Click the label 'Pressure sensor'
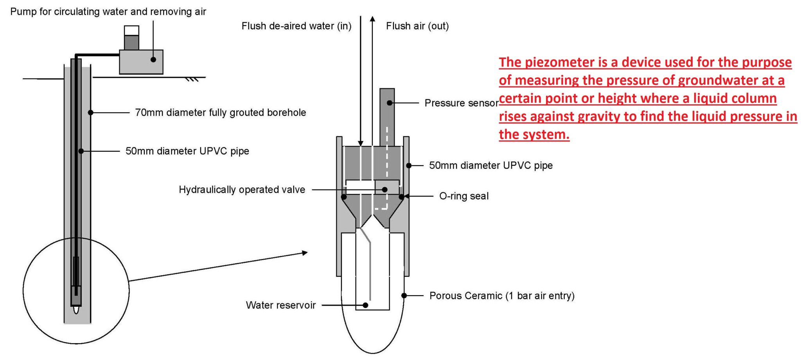[461, 103]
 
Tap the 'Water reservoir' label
[280, 305]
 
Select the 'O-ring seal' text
[464, 196]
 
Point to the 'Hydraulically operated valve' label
[242, 190]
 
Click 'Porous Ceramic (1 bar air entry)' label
[502, 296]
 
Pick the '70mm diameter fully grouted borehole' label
[220, 113]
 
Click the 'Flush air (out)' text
[417, 26]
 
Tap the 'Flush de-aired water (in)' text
[296, 26]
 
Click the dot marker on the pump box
[153, 59]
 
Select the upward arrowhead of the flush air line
[373, 19]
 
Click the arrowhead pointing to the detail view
[305, 253]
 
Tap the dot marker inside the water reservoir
[365, 305]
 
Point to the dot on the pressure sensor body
[390, 103]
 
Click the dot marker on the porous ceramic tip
[404, 296]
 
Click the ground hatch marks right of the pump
[192, 80]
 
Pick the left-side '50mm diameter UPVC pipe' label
[187, 151]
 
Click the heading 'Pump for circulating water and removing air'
[108, 12]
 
